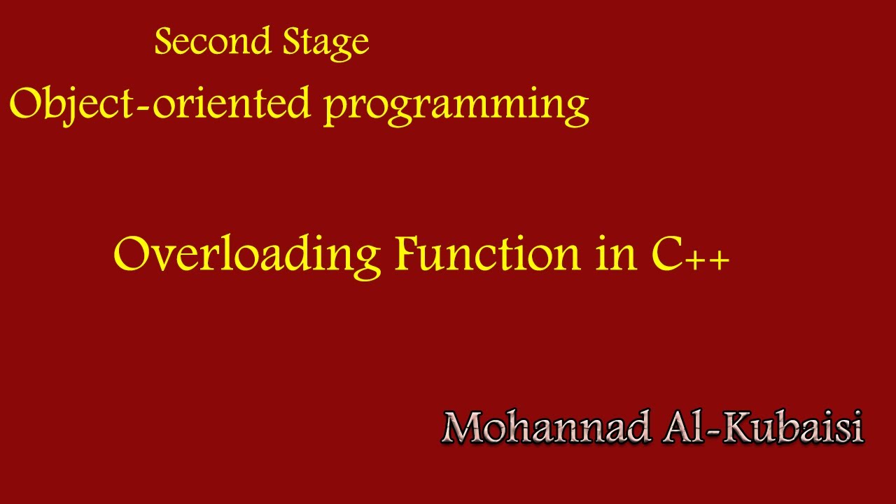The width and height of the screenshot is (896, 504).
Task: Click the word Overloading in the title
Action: (x=246, y=255)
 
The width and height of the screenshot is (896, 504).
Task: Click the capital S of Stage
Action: (x=292, y=42)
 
